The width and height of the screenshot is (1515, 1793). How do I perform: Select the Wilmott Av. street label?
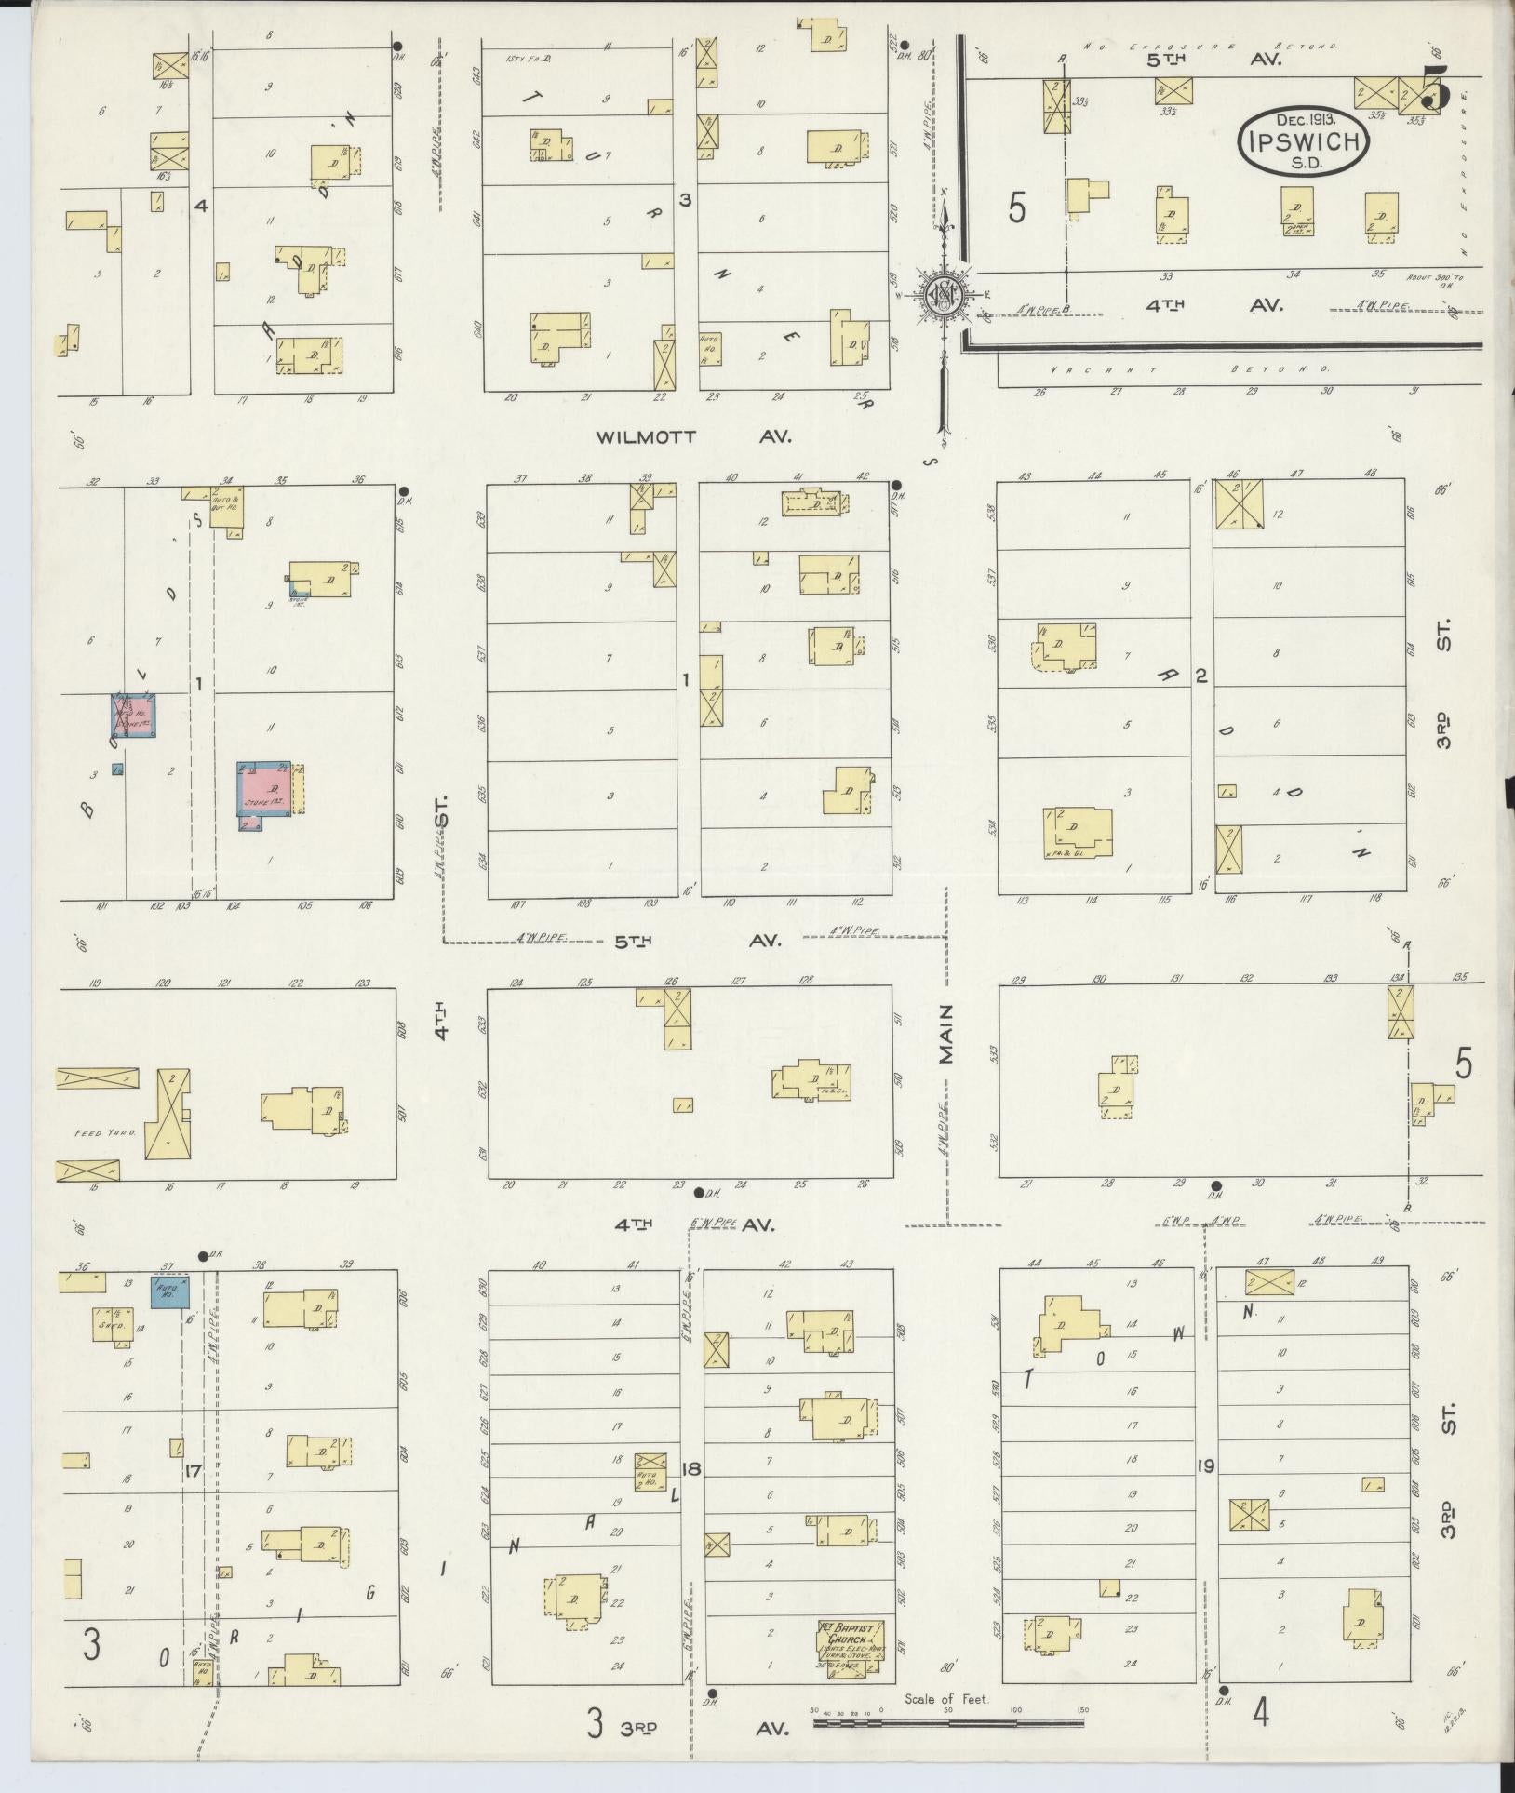coord(694,436)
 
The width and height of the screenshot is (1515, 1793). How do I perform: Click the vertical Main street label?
coord(946,1034)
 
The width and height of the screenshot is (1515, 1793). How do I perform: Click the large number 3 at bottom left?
coord(89,1648)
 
